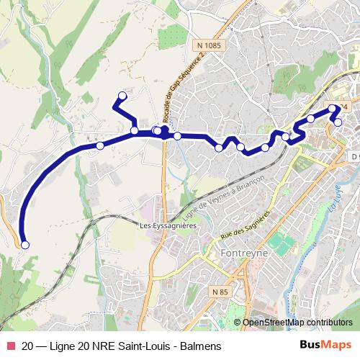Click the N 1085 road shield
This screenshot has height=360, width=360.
tap(208, 45)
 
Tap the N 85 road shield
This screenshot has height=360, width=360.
tap(220, 292)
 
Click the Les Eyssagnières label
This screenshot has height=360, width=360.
tap(168, 225)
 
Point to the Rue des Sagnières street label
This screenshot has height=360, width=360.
tap(245, 224)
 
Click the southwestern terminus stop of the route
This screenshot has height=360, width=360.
tap(25, 246)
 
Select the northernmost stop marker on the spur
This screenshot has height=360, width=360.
tap(122, 96)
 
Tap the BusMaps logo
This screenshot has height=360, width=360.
tap(325, 346)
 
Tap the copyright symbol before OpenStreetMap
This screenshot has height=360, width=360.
tap(238, 323)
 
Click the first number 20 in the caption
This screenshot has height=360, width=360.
tap(28, 346)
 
